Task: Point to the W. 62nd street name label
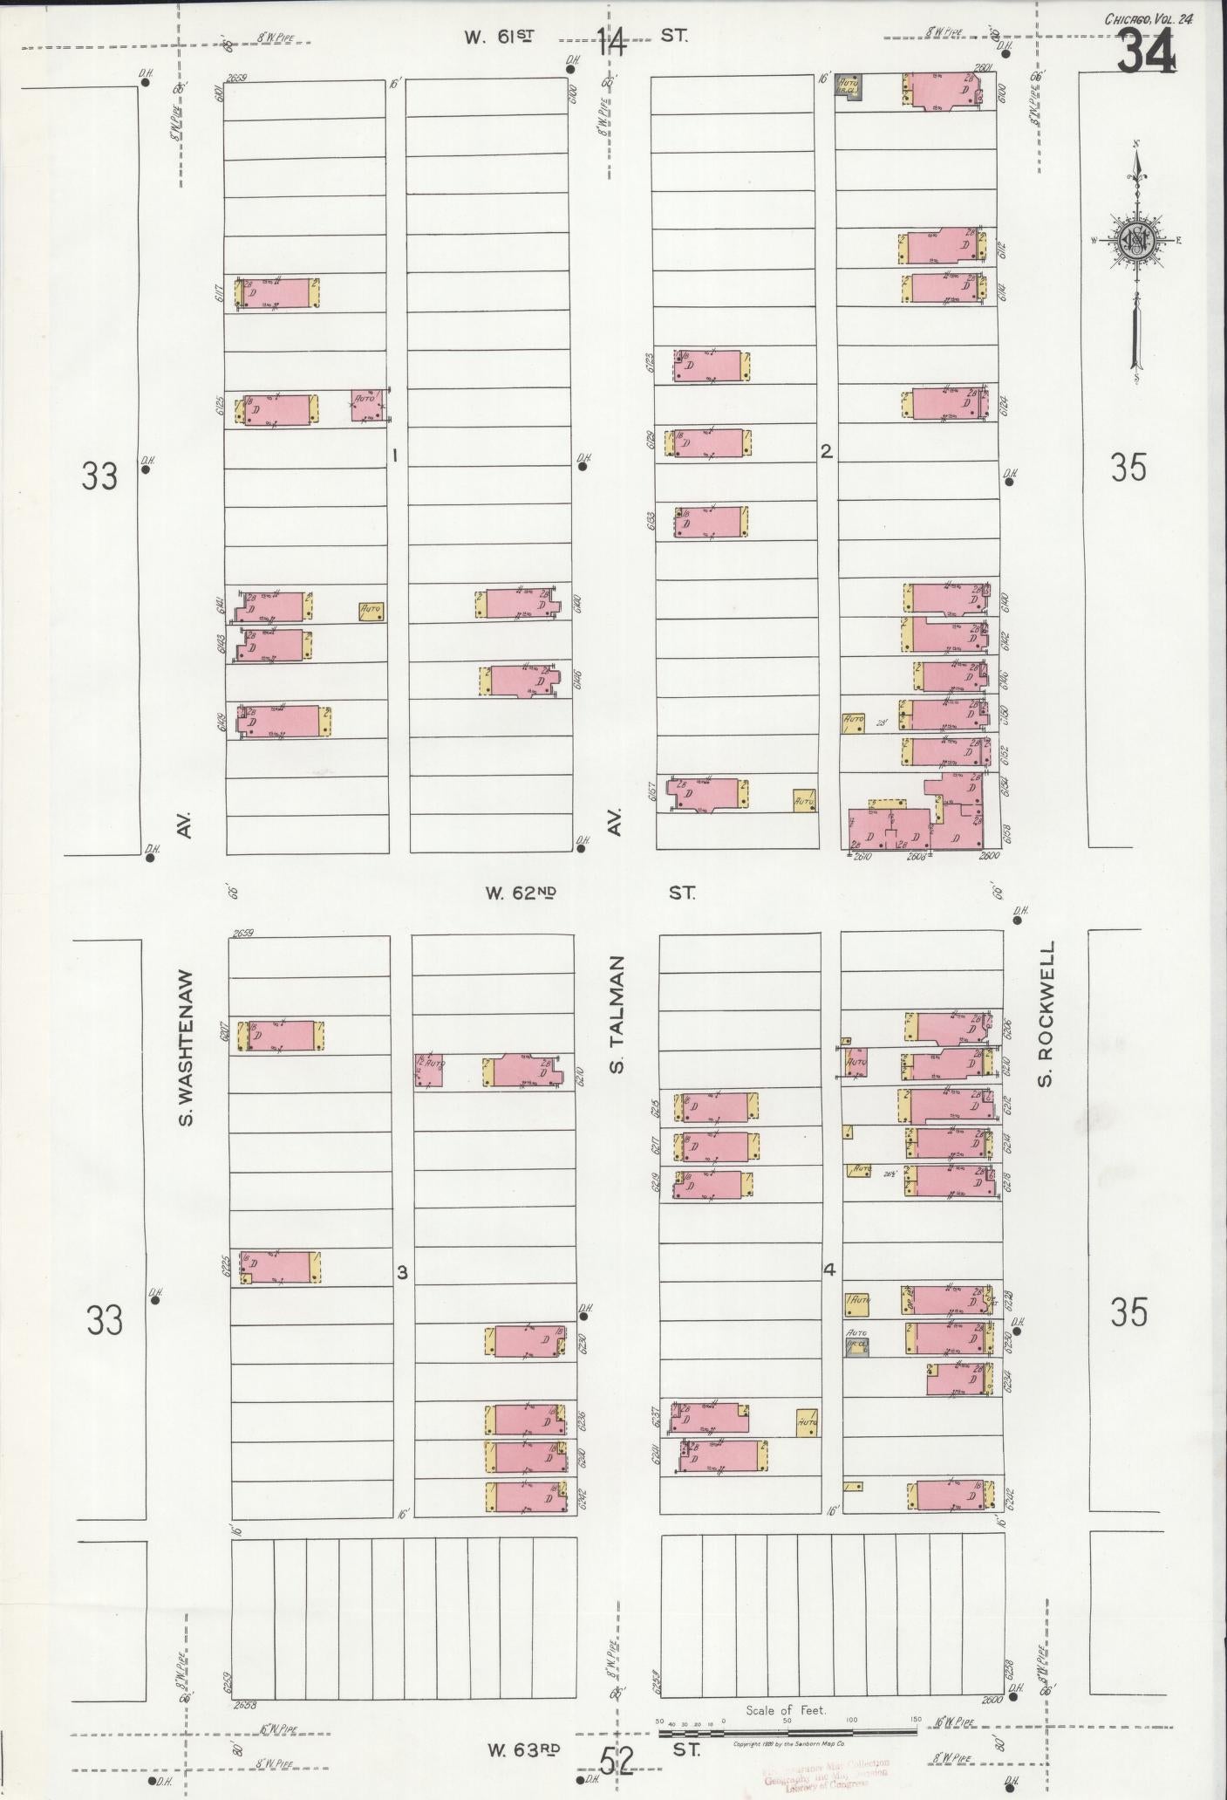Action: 521,893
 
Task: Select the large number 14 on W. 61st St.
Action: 611,42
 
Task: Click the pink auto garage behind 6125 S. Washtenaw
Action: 366,405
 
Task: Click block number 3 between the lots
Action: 401,1272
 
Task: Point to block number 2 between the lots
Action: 825,452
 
